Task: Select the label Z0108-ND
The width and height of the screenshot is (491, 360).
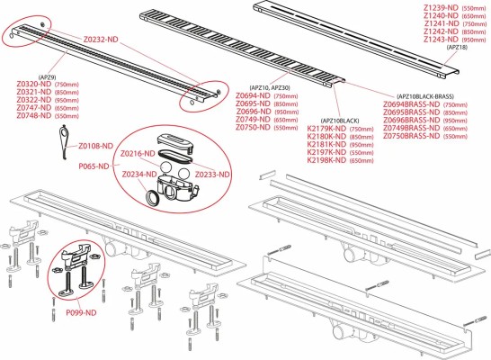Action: [96, 146]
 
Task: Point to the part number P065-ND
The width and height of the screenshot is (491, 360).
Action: [95, 166]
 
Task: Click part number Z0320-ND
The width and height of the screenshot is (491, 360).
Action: [33, 84]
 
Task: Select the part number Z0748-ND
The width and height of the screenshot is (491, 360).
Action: [33, 116]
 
